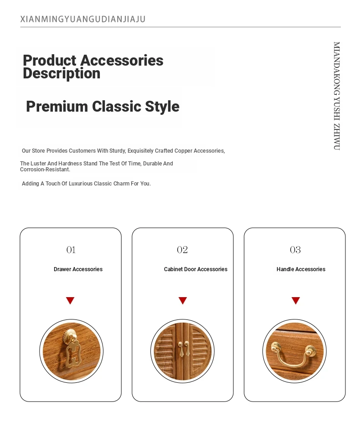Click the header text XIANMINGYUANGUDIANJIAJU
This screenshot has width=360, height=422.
point(83,19)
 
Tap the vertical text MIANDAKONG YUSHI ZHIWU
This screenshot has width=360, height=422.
point(337,96)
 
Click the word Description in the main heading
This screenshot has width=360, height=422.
point(62,73)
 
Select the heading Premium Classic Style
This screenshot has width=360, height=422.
point(103,106)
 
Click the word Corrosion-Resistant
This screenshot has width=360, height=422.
point(45,170)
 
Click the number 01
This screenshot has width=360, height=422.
point(71,250)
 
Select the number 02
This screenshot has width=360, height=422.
point(182,250)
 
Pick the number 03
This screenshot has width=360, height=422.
point(295,250)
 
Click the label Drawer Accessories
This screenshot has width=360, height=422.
point(78,269)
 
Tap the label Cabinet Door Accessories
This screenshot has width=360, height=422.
point(195,269)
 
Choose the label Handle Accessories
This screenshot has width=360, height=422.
point(301,269)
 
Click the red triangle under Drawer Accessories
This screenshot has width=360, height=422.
point(70,300)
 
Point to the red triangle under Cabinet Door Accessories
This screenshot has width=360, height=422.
point(183,300)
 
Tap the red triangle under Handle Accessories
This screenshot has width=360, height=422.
point(296,300)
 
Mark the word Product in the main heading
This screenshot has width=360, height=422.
point(50,60)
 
